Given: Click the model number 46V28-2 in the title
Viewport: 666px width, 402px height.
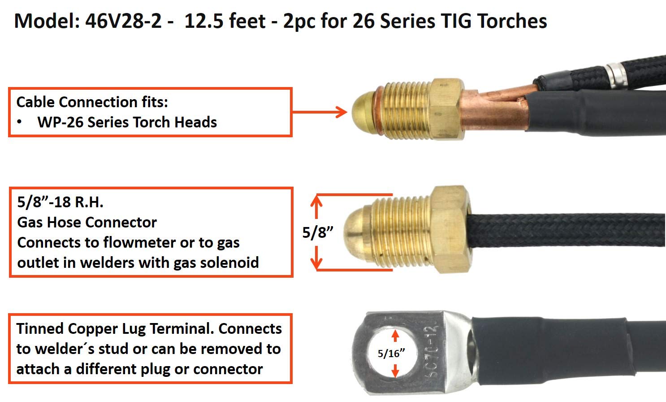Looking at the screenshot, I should [123, 21].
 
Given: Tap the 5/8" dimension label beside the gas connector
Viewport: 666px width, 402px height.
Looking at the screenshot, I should [318, 232].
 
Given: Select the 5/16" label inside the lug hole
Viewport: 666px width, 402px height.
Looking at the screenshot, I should [391, 354].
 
